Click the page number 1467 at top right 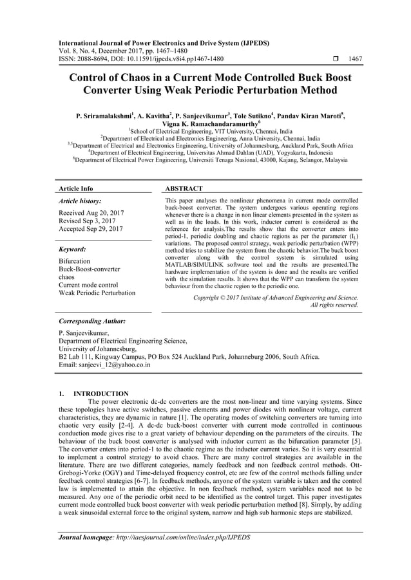(x=355, y=58)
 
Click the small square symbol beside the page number (x=327, y=58)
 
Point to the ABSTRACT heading (x=184, y=188)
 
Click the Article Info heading (x=76, y=188)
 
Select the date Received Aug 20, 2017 (x=91, y=212)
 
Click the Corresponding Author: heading (x=91, y=320)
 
